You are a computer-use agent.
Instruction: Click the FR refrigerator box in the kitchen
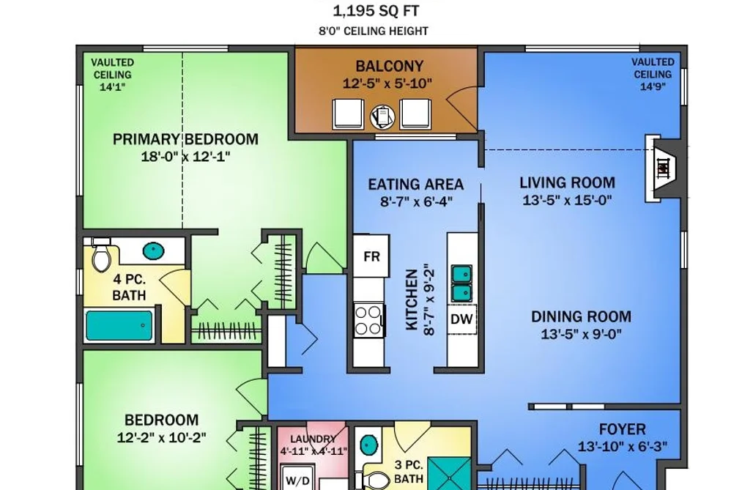coord(371,256)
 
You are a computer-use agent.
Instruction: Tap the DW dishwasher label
coord(461,319)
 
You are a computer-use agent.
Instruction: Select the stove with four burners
coord(368,320)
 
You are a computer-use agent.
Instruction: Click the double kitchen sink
coord(461,283)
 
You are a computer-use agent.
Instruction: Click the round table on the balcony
coord(382,116)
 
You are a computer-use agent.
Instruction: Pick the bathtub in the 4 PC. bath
coord(119,325)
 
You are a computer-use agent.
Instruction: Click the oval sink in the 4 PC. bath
coord(153,250)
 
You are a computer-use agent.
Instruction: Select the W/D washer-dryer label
coord(298,481)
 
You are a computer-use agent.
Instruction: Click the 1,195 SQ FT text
coord(376,10)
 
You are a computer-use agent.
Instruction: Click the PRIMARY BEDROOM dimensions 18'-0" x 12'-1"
coord(185,156)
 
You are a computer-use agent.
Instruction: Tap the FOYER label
coord(623,429)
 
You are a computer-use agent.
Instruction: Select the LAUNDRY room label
coord(313,439)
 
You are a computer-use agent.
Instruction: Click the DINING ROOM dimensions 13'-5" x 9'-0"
coord(581,334)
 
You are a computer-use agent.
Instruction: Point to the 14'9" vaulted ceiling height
coord(653,86)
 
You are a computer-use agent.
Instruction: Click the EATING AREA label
coord(416,184)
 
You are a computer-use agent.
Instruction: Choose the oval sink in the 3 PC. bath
coord(369,445)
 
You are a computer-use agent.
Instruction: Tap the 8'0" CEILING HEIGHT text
coord(374,31)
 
